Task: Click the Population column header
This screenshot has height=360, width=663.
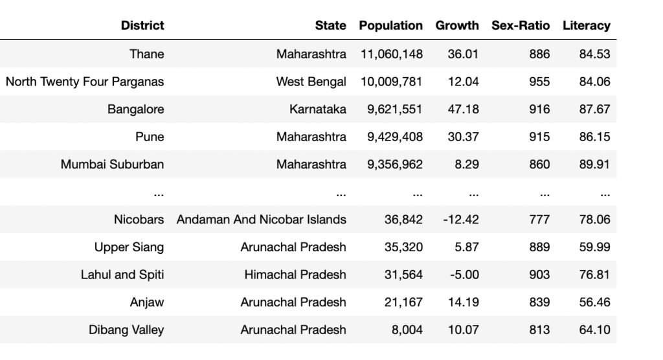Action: click(390, 26)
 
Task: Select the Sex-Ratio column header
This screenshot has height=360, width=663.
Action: click(521, 26)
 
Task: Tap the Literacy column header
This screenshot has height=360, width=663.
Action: click(586, 26)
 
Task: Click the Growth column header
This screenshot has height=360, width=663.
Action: click(457, 26)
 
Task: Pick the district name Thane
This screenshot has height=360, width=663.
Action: click(147, 54)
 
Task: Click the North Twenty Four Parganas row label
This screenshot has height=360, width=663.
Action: click(85, 82)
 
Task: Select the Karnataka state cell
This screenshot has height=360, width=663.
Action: click(318, 109)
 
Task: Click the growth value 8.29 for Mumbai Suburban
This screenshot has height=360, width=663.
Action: click(467, 164)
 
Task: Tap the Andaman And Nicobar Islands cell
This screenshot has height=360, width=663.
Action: click(262, 219)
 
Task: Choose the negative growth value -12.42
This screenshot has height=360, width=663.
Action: click(461, 219)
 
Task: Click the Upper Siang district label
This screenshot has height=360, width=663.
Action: click(129, 247)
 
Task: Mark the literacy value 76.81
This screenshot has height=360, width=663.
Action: click(594, 275)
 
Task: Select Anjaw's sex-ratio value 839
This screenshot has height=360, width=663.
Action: click(539, 302)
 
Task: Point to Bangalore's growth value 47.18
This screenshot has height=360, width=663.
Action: click(464, 109)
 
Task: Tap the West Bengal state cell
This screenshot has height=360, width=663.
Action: click(311, 82)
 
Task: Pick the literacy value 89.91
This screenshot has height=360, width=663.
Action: click(594, 164)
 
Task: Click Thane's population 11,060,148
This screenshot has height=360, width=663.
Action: click(392, 54)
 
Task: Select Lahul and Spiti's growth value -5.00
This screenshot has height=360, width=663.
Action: click(464, 275)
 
